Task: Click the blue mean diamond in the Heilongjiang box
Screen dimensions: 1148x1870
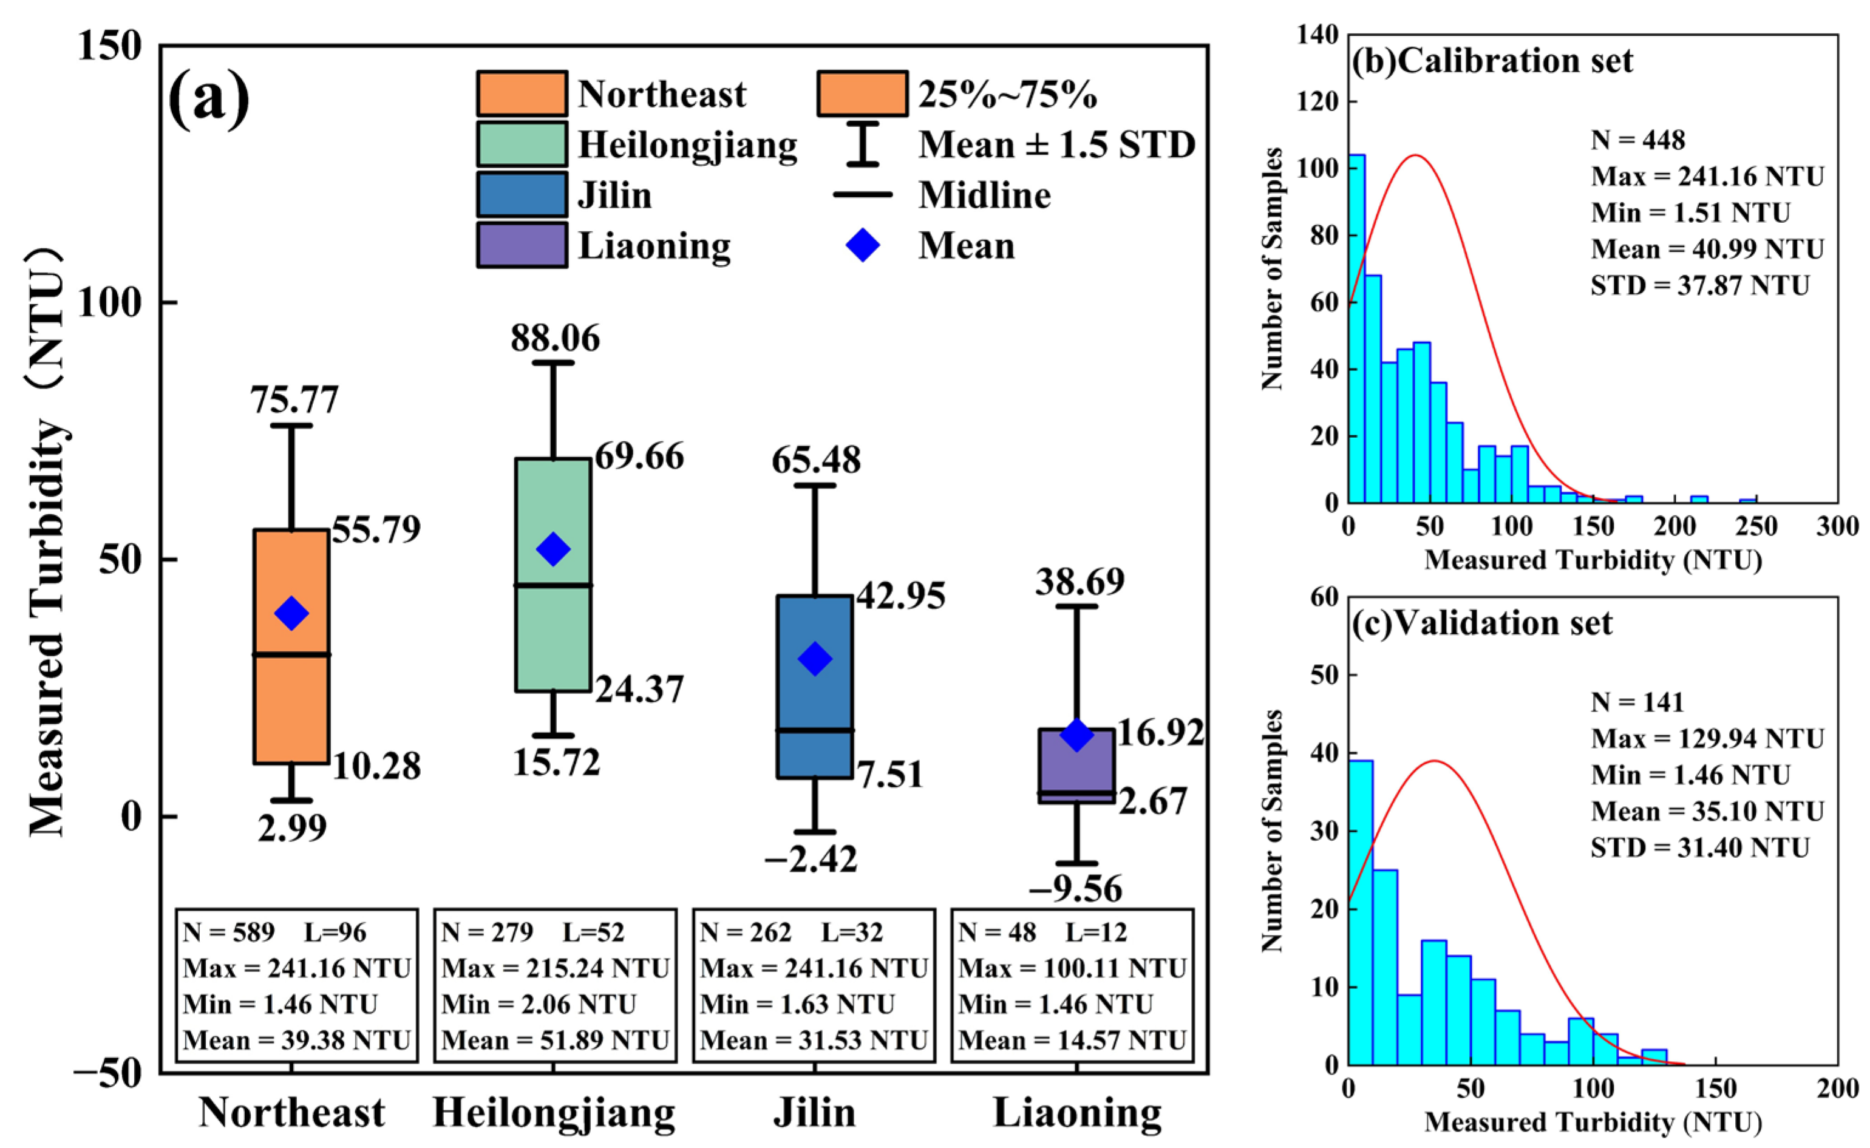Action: (552, 549)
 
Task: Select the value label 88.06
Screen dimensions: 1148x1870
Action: (555, 339)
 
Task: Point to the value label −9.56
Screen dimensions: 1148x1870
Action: (1076, 888)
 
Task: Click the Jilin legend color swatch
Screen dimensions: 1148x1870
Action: (522, 194)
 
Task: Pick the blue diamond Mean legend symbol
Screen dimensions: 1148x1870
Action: (863, 245)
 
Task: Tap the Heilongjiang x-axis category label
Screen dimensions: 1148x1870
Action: (554, 1113)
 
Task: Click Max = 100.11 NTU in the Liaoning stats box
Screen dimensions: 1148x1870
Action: (1072, 968)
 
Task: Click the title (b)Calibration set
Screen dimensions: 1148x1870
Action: (1492, 61)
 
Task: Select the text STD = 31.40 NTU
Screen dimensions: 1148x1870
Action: (1700, 847)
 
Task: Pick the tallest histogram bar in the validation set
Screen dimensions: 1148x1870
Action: (1361, 912)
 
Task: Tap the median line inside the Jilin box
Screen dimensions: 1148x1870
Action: (815, 730)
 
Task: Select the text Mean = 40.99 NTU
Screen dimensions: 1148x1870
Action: (1707, 249)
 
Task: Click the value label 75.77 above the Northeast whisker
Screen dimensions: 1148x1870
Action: (294, 400)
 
